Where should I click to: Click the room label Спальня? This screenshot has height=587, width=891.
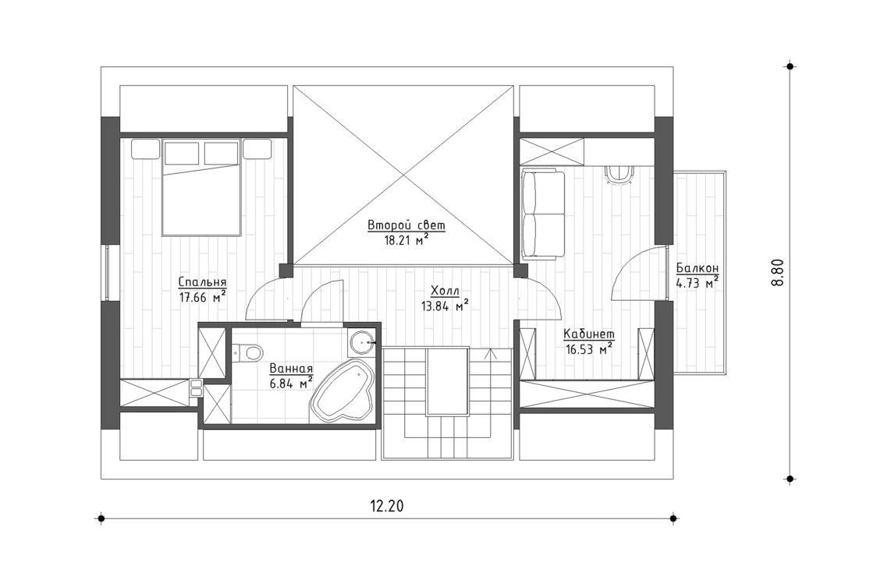coord(202,282)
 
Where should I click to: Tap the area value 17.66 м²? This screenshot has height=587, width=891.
coord(202,296)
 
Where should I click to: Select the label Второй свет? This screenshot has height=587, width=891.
coord(406,226)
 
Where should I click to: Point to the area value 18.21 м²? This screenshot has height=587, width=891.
coord(406,240)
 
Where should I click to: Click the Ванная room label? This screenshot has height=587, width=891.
coord(291,370)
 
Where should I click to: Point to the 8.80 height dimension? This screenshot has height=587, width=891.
coord(776,272)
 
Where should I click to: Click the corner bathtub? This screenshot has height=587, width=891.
coord(342,394)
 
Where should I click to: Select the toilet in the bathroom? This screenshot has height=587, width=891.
coord(249,354)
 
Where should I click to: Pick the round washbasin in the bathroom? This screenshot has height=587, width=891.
coord(361,341)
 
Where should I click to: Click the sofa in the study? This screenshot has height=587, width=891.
coord(543,214)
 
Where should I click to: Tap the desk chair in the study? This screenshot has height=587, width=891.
coord(622,175)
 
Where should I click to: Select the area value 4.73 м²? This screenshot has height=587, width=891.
coord(698,283)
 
